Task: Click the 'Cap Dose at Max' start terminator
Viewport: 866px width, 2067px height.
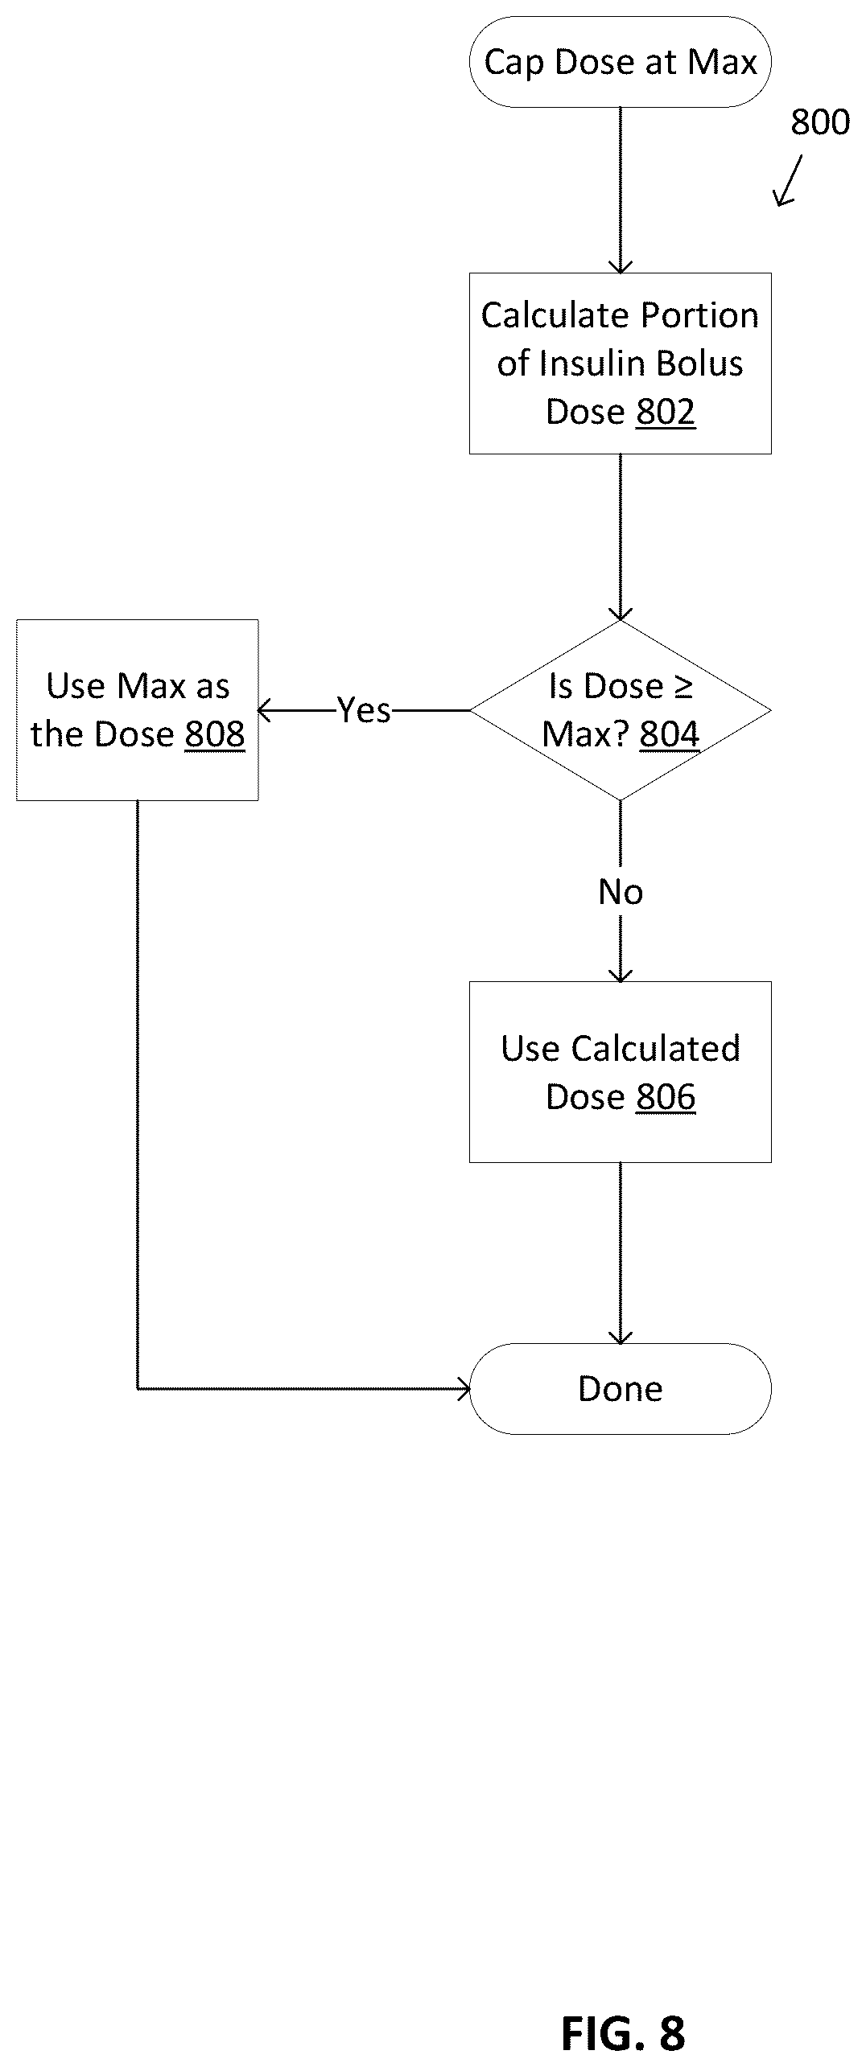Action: tap(620, 62)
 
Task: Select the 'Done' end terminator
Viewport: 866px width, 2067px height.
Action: tap(620, 1388)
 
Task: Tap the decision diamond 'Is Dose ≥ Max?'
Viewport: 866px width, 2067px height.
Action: tap(620, 710)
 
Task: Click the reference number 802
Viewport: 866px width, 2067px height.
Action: tap(665, 412)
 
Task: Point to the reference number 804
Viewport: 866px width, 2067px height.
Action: tap(670, 734)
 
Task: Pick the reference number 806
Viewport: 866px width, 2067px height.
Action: tap(665, 1097)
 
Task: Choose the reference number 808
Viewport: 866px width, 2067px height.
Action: tap(215, 734)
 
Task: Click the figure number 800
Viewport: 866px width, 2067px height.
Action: tap(820, 122)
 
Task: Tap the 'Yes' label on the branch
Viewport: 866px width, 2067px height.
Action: tap(364, 710)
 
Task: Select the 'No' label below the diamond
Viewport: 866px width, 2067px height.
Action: tap(621, 892)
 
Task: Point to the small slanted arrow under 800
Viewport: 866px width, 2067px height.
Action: tap(788, 181)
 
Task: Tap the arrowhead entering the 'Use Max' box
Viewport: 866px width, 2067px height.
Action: tap(264, 711)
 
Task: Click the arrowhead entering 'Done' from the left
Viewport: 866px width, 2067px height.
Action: tap(464, 1389)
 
